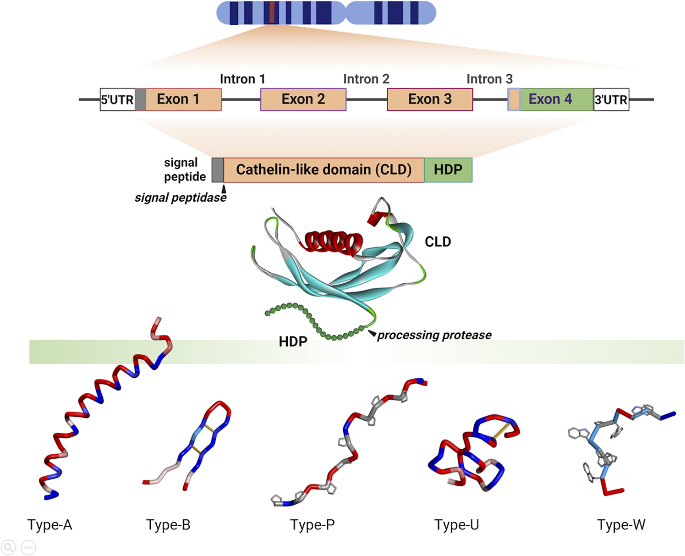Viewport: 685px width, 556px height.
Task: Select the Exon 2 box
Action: point(303,99)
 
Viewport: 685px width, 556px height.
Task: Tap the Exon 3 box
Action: point(430,99)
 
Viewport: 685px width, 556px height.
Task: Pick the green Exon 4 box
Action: point(556,99)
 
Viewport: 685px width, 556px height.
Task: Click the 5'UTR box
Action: point(117,99)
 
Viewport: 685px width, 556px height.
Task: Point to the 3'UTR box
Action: point(611,99)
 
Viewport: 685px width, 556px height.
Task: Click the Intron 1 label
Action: point(242,79)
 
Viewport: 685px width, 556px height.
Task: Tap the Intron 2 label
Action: point(366,79)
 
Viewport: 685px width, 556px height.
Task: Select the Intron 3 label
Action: point(489,79)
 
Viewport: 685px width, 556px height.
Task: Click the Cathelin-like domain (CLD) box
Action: point(323,170)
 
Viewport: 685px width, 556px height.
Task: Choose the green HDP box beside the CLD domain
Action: point(448,170)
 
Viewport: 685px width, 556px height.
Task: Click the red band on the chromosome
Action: point(272,12)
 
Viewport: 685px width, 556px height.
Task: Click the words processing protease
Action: point(434,335)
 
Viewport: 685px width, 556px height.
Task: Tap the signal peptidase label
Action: point(180,198)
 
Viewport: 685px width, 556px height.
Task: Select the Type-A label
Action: point(49,525)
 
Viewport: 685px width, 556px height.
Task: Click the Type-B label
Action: point(168,525)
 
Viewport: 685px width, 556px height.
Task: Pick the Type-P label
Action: point(312,525)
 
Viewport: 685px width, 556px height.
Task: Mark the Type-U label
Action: point(456,525)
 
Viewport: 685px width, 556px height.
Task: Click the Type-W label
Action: point(621,525)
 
